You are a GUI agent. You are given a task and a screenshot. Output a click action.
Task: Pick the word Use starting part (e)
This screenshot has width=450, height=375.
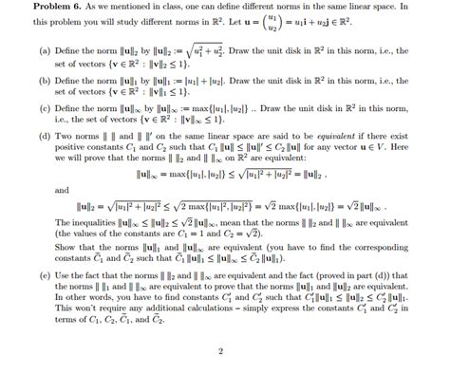(x=49, y=273)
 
